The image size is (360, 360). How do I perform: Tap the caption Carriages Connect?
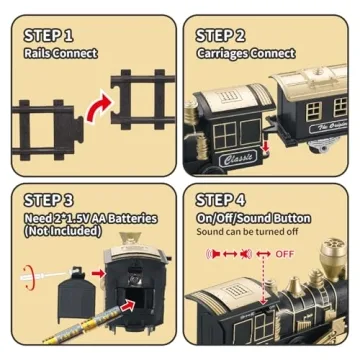coord(246,53)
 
